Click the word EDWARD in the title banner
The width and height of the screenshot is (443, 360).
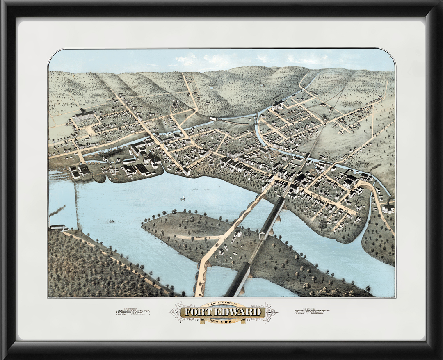pyautogui.click(x=238, y=312)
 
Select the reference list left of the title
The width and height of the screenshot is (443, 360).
pyautogui.click(x=132, y=312)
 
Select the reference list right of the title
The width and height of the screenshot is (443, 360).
pyautogui.click(x=312, y=312)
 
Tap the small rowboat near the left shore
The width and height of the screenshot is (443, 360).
pyautogui.click(x=112, y=221)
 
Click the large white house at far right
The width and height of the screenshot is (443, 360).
pyautogui.click(x=388, y=208)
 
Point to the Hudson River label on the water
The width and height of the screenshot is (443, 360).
pyautogui.click(x=198, y=189)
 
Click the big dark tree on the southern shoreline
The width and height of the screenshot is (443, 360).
pyautogui.click(x=323, y=224)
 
